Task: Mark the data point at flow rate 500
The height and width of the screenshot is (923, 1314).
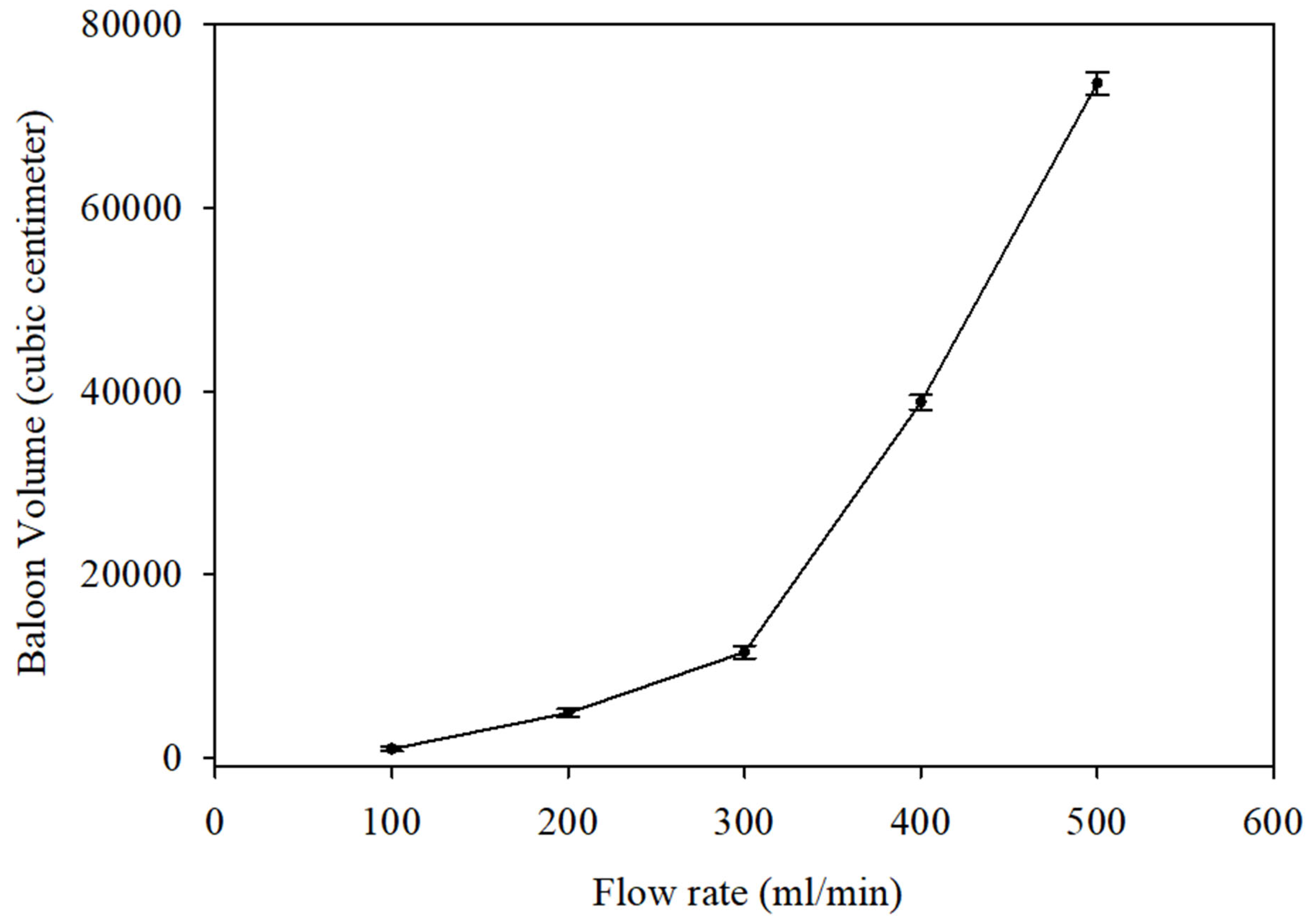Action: tap(1096, 83)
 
